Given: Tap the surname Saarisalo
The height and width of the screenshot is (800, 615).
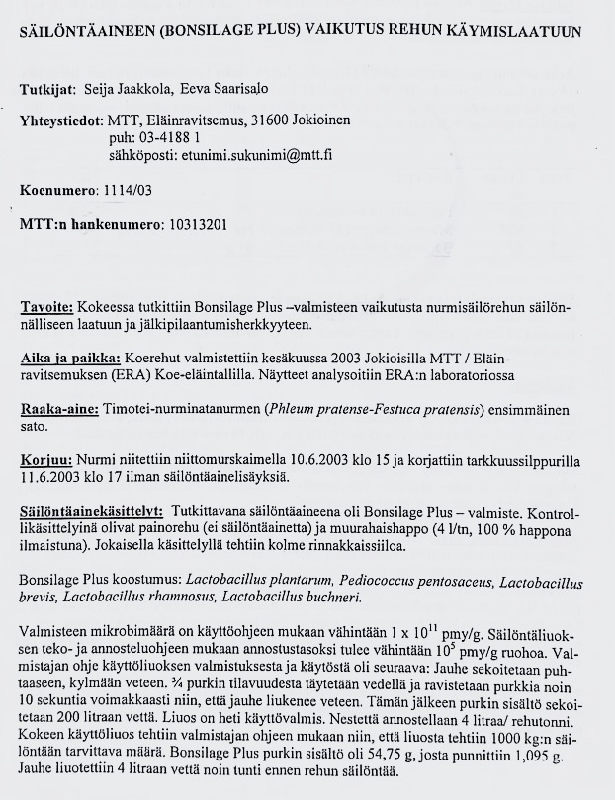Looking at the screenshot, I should [x=210, y=90].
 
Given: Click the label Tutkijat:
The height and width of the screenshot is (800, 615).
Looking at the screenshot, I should [x=47, y=90].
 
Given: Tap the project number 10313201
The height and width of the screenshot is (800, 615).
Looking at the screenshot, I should [x=198, y=224].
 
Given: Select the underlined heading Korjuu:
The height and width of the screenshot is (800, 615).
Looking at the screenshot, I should [x=44, y=461].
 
